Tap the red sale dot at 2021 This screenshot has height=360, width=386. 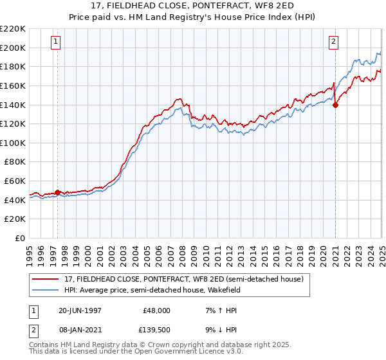336,106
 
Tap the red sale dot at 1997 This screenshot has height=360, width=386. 57,192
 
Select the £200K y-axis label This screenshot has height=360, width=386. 13,48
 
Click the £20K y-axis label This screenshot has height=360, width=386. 15,219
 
